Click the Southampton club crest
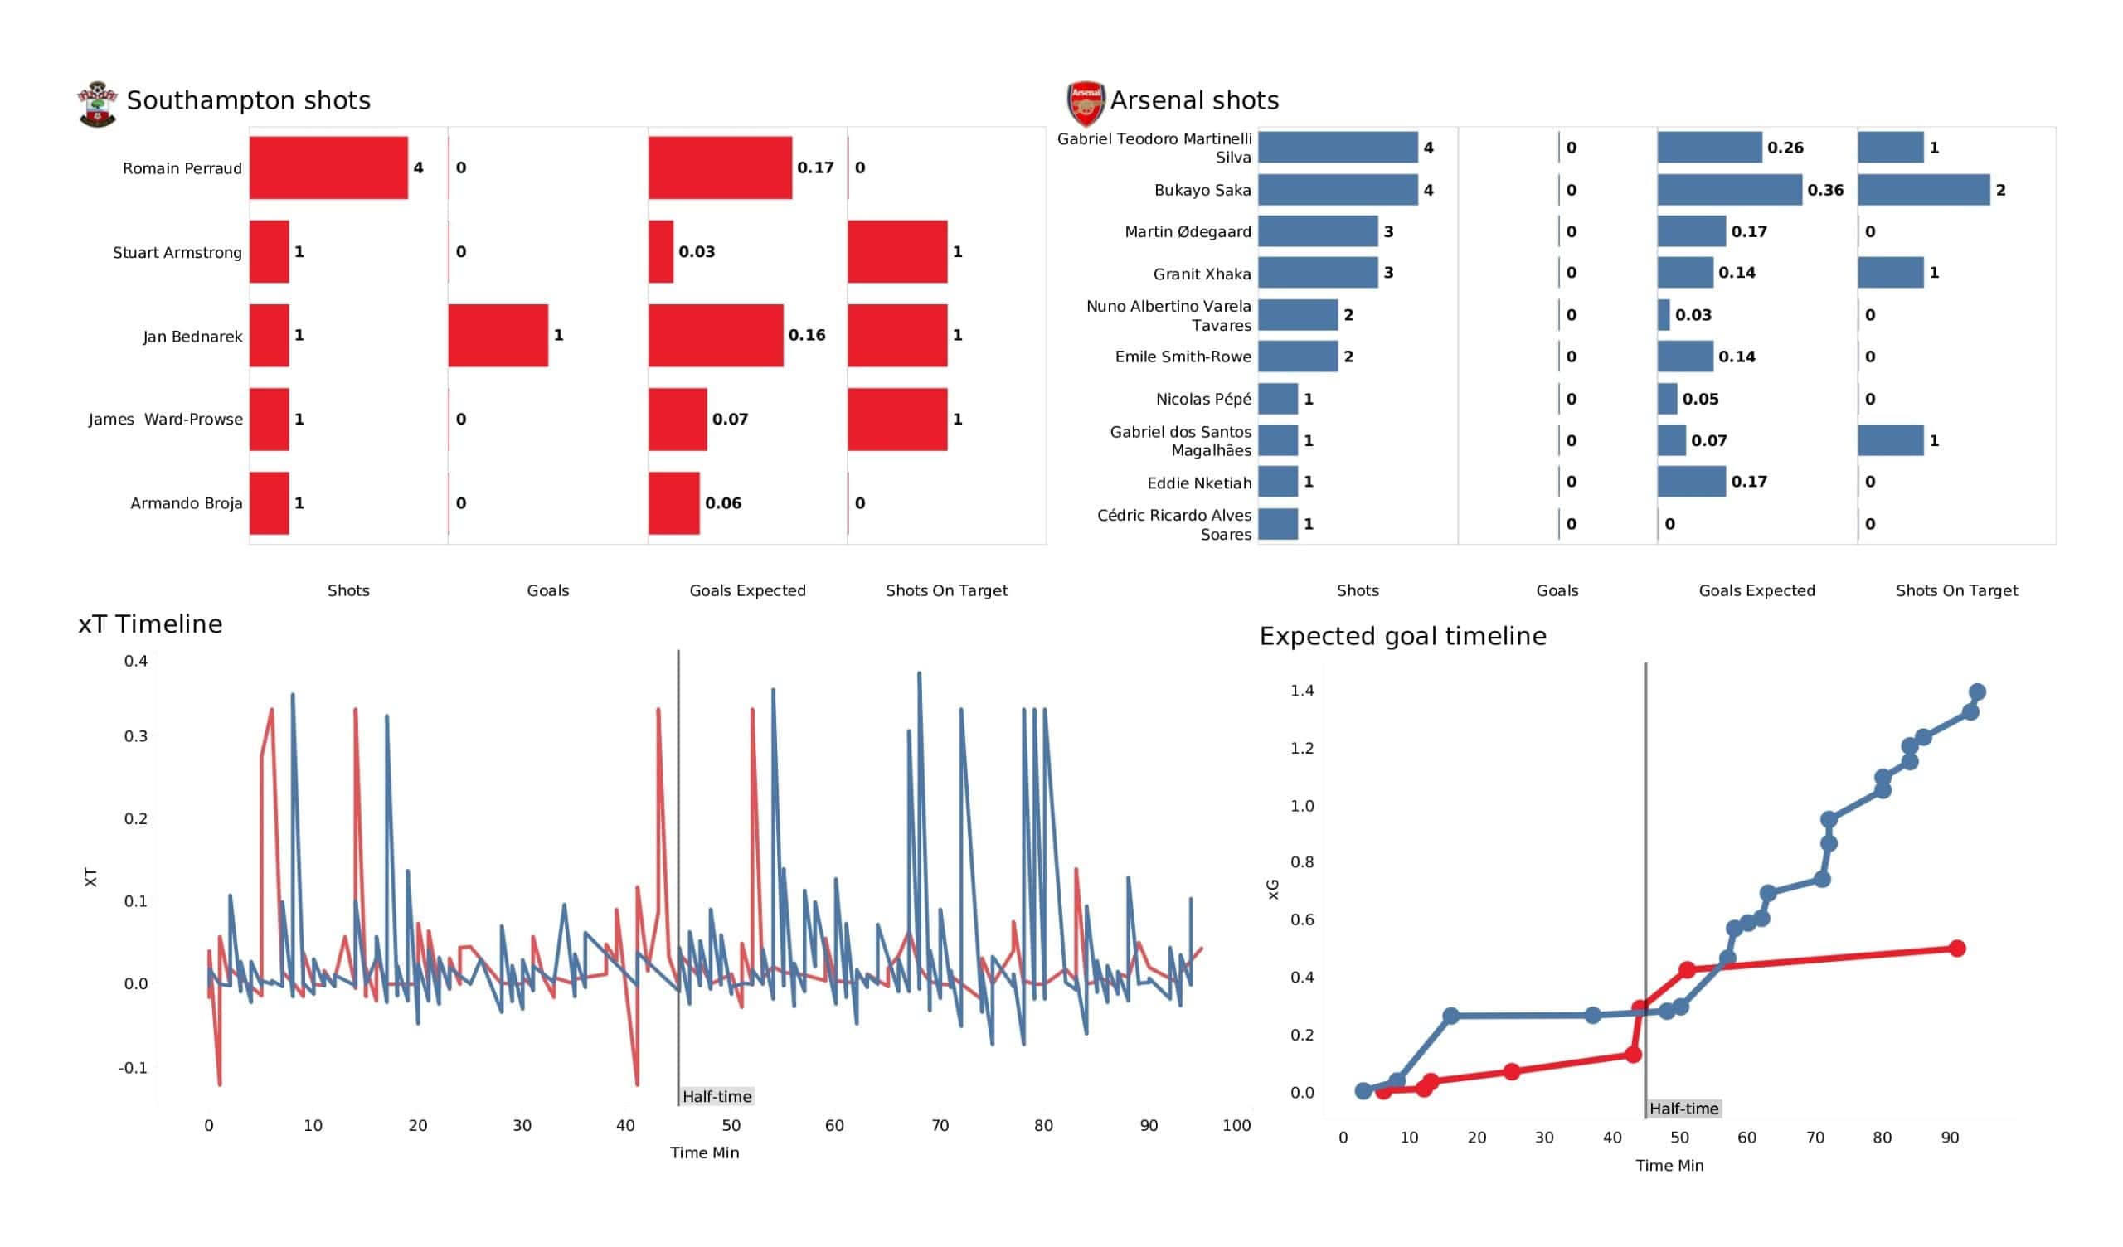coord(97,104)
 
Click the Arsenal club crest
coord(1085,104)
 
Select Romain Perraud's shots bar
coord(328,167)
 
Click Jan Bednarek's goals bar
coord(498,335)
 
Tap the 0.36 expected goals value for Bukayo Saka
coord(1824,191)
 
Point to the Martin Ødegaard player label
coord(1187,231)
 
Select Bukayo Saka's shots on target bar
coord(1923,191)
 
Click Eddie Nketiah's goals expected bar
coord(1691,482)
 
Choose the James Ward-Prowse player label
coord(165,419)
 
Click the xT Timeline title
coord(150,624)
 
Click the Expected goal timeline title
coord(1402,636)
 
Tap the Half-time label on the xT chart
coord(717,1096)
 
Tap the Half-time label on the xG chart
coord(1683,1109)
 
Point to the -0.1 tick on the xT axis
coord(134,1068)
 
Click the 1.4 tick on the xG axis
coord(1302,691)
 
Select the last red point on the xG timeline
coord(1957,949)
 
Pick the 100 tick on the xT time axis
coord(1236,1126)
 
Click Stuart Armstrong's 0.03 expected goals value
coord(697,252)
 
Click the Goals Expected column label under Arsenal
coord(1756,590)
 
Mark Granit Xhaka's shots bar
coord(1318,273)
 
